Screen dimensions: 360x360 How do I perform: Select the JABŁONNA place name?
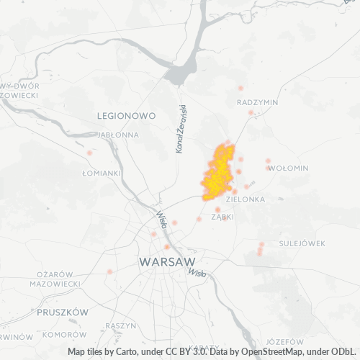tap(117, 134)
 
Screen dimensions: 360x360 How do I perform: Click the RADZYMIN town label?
tap(257, 102)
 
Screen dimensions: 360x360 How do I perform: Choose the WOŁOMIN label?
tap(288, 168)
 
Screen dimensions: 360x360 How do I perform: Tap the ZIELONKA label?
tap(246, 199)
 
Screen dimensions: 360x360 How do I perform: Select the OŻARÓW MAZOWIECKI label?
tap(55, 279)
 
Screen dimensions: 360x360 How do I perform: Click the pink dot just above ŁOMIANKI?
tap(89, 153)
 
